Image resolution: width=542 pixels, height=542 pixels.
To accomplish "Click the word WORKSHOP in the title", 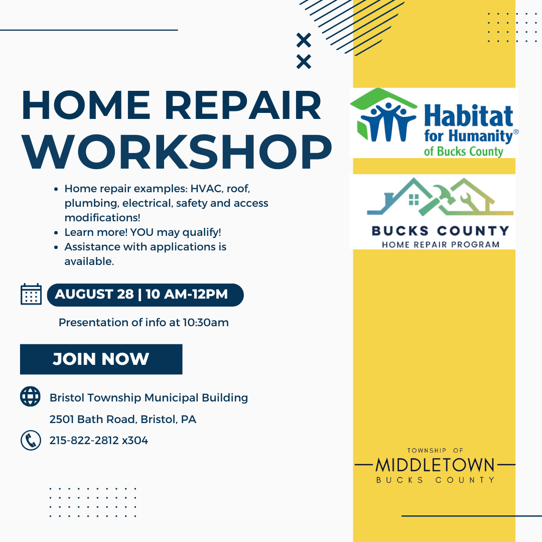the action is (x=177, y=152).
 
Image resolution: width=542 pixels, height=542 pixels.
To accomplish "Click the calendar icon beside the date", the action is (x=31, y=294).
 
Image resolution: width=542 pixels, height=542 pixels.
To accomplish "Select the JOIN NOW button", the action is (x=101, y=359).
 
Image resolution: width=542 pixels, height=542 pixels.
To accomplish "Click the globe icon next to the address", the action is (x=31, y=396).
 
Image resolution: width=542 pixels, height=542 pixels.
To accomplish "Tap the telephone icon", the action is (x=31, y=441).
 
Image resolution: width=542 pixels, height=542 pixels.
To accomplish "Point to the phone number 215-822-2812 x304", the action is (x=99, y=441).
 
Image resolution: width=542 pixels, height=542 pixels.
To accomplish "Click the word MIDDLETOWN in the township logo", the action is (x=435, y=465).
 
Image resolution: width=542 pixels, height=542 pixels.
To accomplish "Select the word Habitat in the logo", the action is (x=468, y=116).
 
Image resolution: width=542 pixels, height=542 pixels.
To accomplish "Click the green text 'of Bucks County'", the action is (x=464, y=152).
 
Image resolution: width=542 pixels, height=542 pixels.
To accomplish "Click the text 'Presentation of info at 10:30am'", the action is (x=144, y=323).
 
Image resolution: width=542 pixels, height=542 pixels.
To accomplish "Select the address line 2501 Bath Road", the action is (x=123, y=419).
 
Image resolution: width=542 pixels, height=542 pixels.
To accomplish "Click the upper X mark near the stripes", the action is (x=304, y=40).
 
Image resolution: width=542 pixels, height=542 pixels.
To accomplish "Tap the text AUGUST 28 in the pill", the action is (x=94, y=294).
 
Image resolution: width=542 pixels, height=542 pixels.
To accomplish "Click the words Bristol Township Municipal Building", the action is (x=149, y=398).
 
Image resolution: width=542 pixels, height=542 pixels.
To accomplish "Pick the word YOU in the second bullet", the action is (x=142, y=232).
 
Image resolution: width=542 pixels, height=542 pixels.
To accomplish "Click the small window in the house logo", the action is (x=414, y=199).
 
